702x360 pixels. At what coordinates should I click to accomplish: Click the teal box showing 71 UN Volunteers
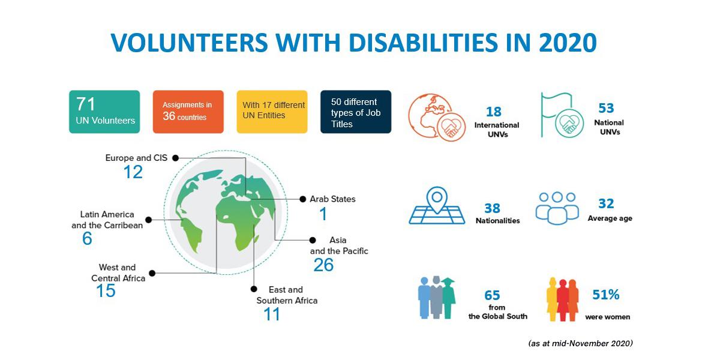(x=104, y=112)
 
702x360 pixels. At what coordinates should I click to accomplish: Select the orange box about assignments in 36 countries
(x=188, y=112)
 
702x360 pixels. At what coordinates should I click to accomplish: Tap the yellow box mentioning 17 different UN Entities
(x=272, y=112)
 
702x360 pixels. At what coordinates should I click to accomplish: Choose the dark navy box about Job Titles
(x=356, y=112)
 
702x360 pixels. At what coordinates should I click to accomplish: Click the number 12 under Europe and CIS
(x=133, y=172)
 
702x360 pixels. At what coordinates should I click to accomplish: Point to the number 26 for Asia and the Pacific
(x=323, y=265)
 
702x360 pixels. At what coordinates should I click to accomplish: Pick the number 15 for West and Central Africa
(x=106, y=291)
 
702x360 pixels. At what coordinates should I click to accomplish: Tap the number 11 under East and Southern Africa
(x=272, y=314)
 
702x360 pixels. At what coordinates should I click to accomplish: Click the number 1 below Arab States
(x=323, y=214)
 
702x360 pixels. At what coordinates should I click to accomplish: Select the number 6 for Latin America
(x=87, y=239)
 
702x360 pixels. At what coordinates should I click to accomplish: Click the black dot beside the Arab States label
(x=303, y=199)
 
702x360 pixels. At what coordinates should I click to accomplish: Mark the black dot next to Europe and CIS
(x=175, y=158)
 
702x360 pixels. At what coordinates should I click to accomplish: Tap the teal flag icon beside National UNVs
(x=562, y=115)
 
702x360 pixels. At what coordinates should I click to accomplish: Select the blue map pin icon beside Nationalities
(x=437, y=206)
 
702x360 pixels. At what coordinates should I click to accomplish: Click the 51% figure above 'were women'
(x=606, y=295)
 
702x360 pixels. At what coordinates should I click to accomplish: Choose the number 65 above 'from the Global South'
(x=492, y=296)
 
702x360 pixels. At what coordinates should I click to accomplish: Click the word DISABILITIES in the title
(x=423, y=43)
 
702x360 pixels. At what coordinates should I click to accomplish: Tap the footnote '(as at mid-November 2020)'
(x=581, y=343)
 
